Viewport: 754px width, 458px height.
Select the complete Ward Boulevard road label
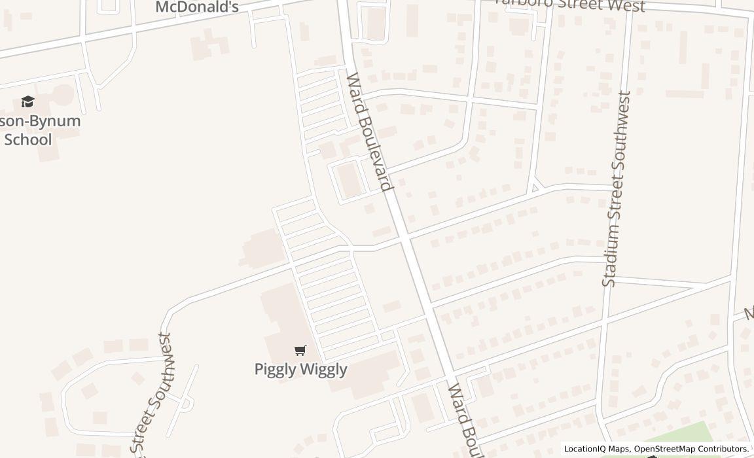point(369,131)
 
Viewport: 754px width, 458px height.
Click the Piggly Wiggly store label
point(300,368)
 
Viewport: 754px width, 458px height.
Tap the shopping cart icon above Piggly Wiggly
point(300,350)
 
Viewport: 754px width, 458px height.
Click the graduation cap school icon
point(27,101)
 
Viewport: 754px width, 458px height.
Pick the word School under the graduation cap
point(27,139)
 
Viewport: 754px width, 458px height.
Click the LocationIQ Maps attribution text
point(595,449)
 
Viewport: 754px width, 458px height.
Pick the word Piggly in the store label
point(274,368)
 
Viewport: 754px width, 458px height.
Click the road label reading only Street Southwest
point(153,393)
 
